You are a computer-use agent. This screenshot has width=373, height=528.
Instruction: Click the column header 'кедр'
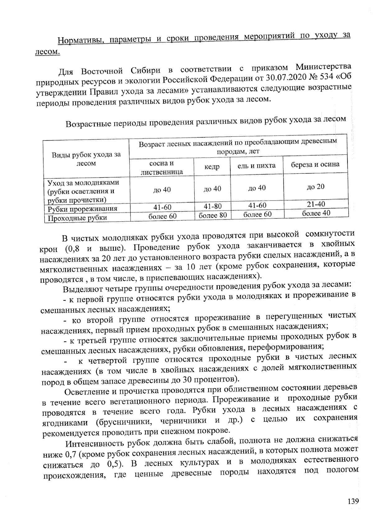point(212,167)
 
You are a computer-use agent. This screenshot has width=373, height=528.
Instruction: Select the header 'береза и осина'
point(315,164)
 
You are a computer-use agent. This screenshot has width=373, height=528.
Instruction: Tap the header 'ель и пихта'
point(256,166)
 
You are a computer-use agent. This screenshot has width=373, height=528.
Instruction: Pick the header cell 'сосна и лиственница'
point(162,168)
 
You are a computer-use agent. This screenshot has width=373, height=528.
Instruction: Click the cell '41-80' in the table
point(213,206)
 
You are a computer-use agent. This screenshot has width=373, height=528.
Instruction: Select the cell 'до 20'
point(315,186)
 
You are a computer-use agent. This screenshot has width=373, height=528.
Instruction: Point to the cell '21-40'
point(315,204)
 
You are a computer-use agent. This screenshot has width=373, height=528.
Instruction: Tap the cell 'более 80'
point(213,215)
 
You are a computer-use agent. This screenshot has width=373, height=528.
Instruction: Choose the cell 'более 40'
point(316,213)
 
